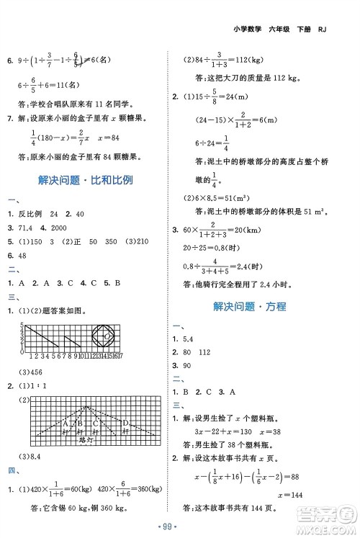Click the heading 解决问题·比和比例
point(89,180)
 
